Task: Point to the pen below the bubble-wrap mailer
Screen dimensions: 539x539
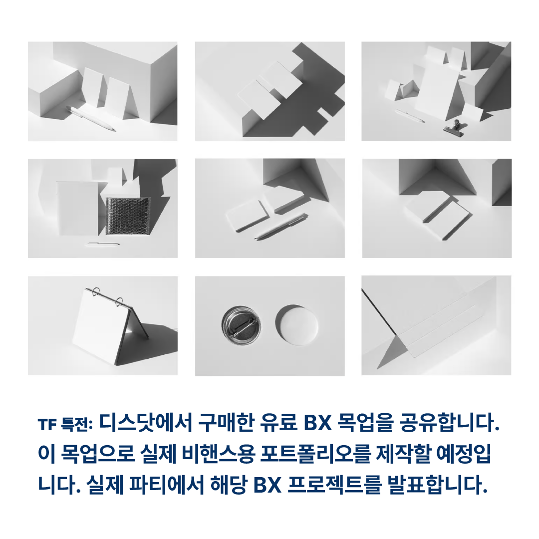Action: tap(103, 244)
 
